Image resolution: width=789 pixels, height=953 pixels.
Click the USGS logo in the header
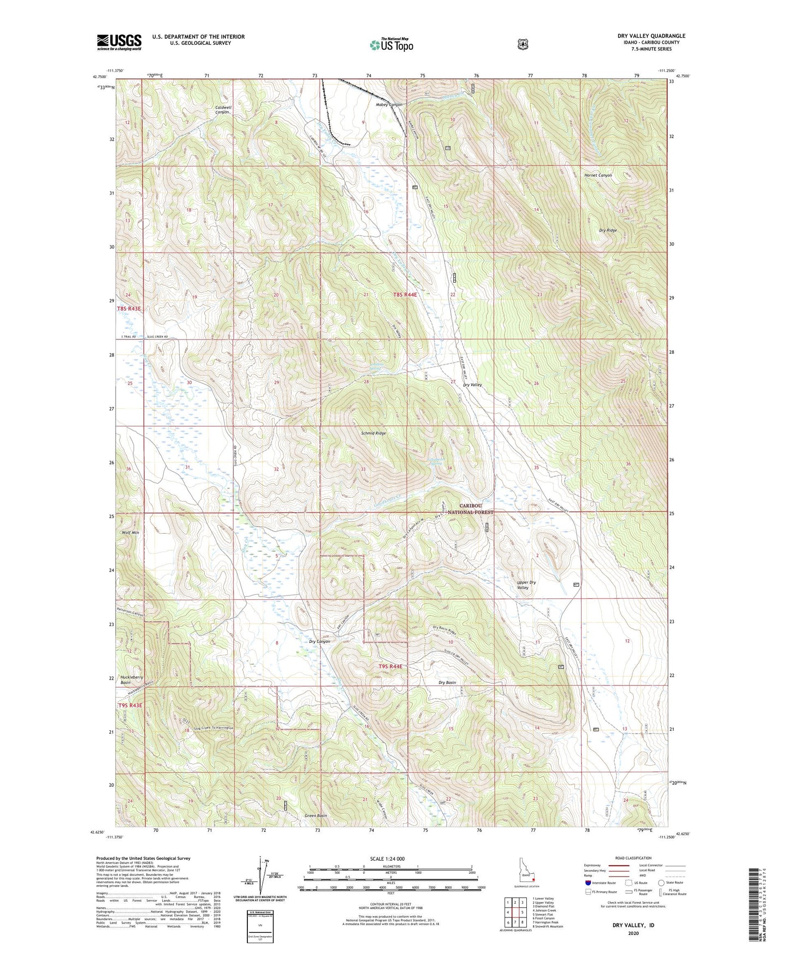(119, 42)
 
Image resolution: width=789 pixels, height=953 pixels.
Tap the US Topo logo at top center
(390, 45)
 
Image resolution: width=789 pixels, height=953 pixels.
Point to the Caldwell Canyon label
(223, 110)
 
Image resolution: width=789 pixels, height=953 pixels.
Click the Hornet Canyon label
(598, 176)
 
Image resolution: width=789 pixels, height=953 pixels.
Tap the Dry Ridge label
(608, 230)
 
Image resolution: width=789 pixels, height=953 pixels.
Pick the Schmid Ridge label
(373, 433)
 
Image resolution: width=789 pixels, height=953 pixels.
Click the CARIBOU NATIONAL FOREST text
(470, 509)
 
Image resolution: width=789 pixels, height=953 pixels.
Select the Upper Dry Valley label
(526, 585)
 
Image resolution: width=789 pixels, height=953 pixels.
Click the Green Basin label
(316, 815)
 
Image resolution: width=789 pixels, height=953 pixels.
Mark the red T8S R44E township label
(405, 295)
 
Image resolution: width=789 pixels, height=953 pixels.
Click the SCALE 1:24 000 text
(387, 859)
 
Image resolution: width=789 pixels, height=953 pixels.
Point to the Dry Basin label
(447, 683)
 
